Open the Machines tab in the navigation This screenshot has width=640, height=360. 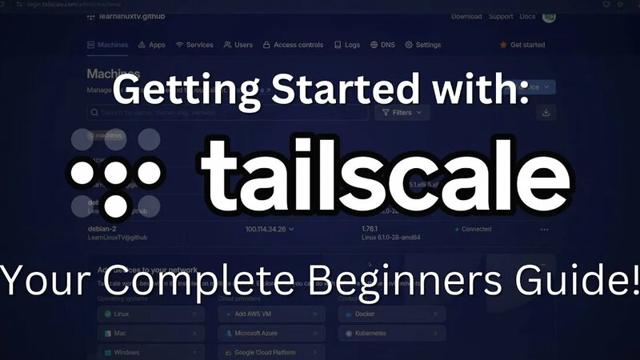tap(107, 45)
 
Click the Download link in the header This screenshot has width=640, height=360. tap(466, 16)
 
